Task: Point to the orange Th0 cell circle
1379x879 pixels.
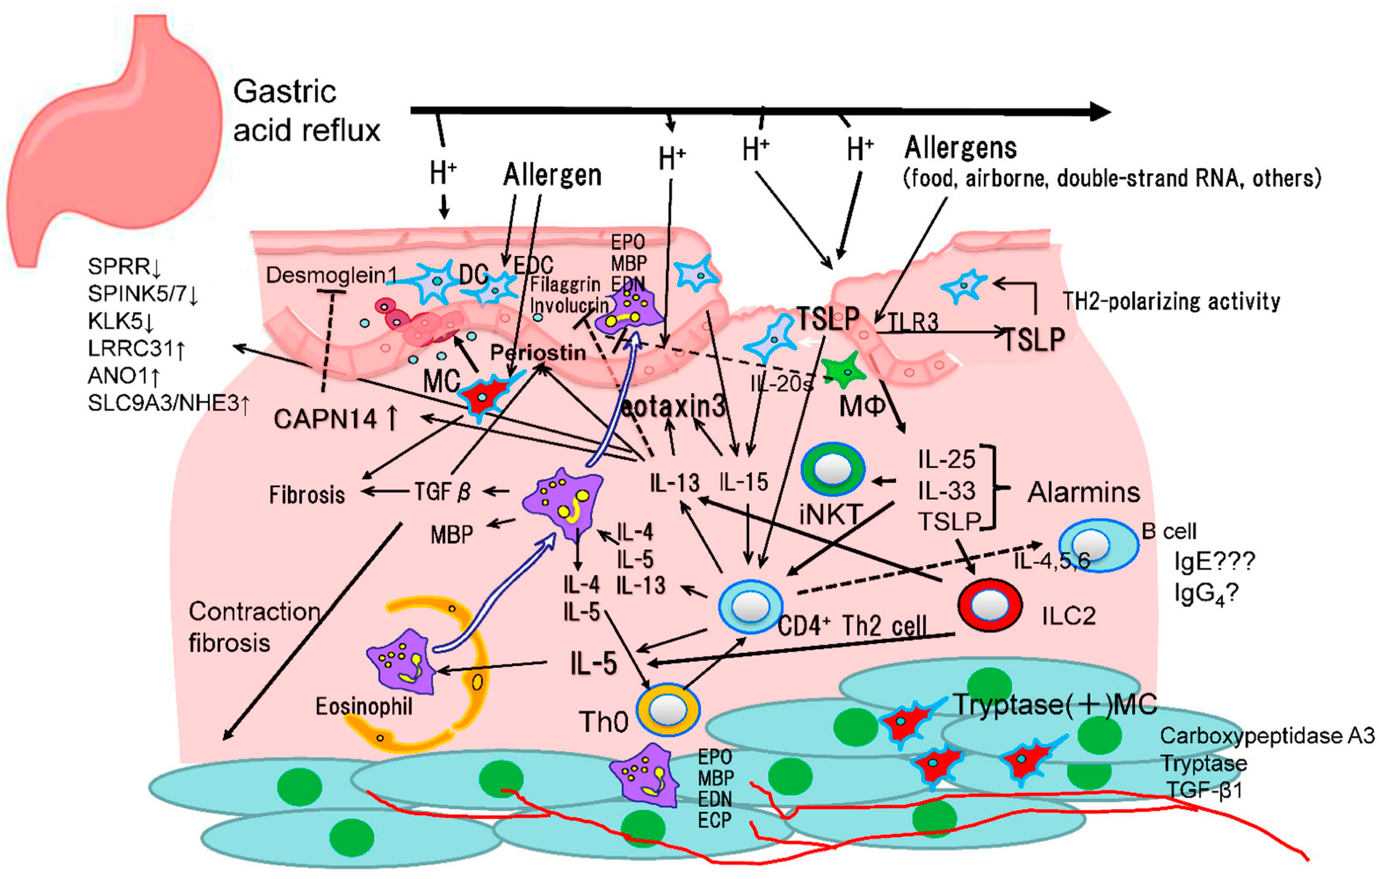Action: tap(668, 710)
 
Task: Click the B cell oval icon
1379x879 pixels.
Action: tap(1098, 545)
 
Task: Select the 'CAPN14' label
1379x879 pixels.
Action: tap(325, 419)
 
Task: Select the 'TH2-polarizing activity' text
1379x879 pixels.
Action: tap(1171, 301)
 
